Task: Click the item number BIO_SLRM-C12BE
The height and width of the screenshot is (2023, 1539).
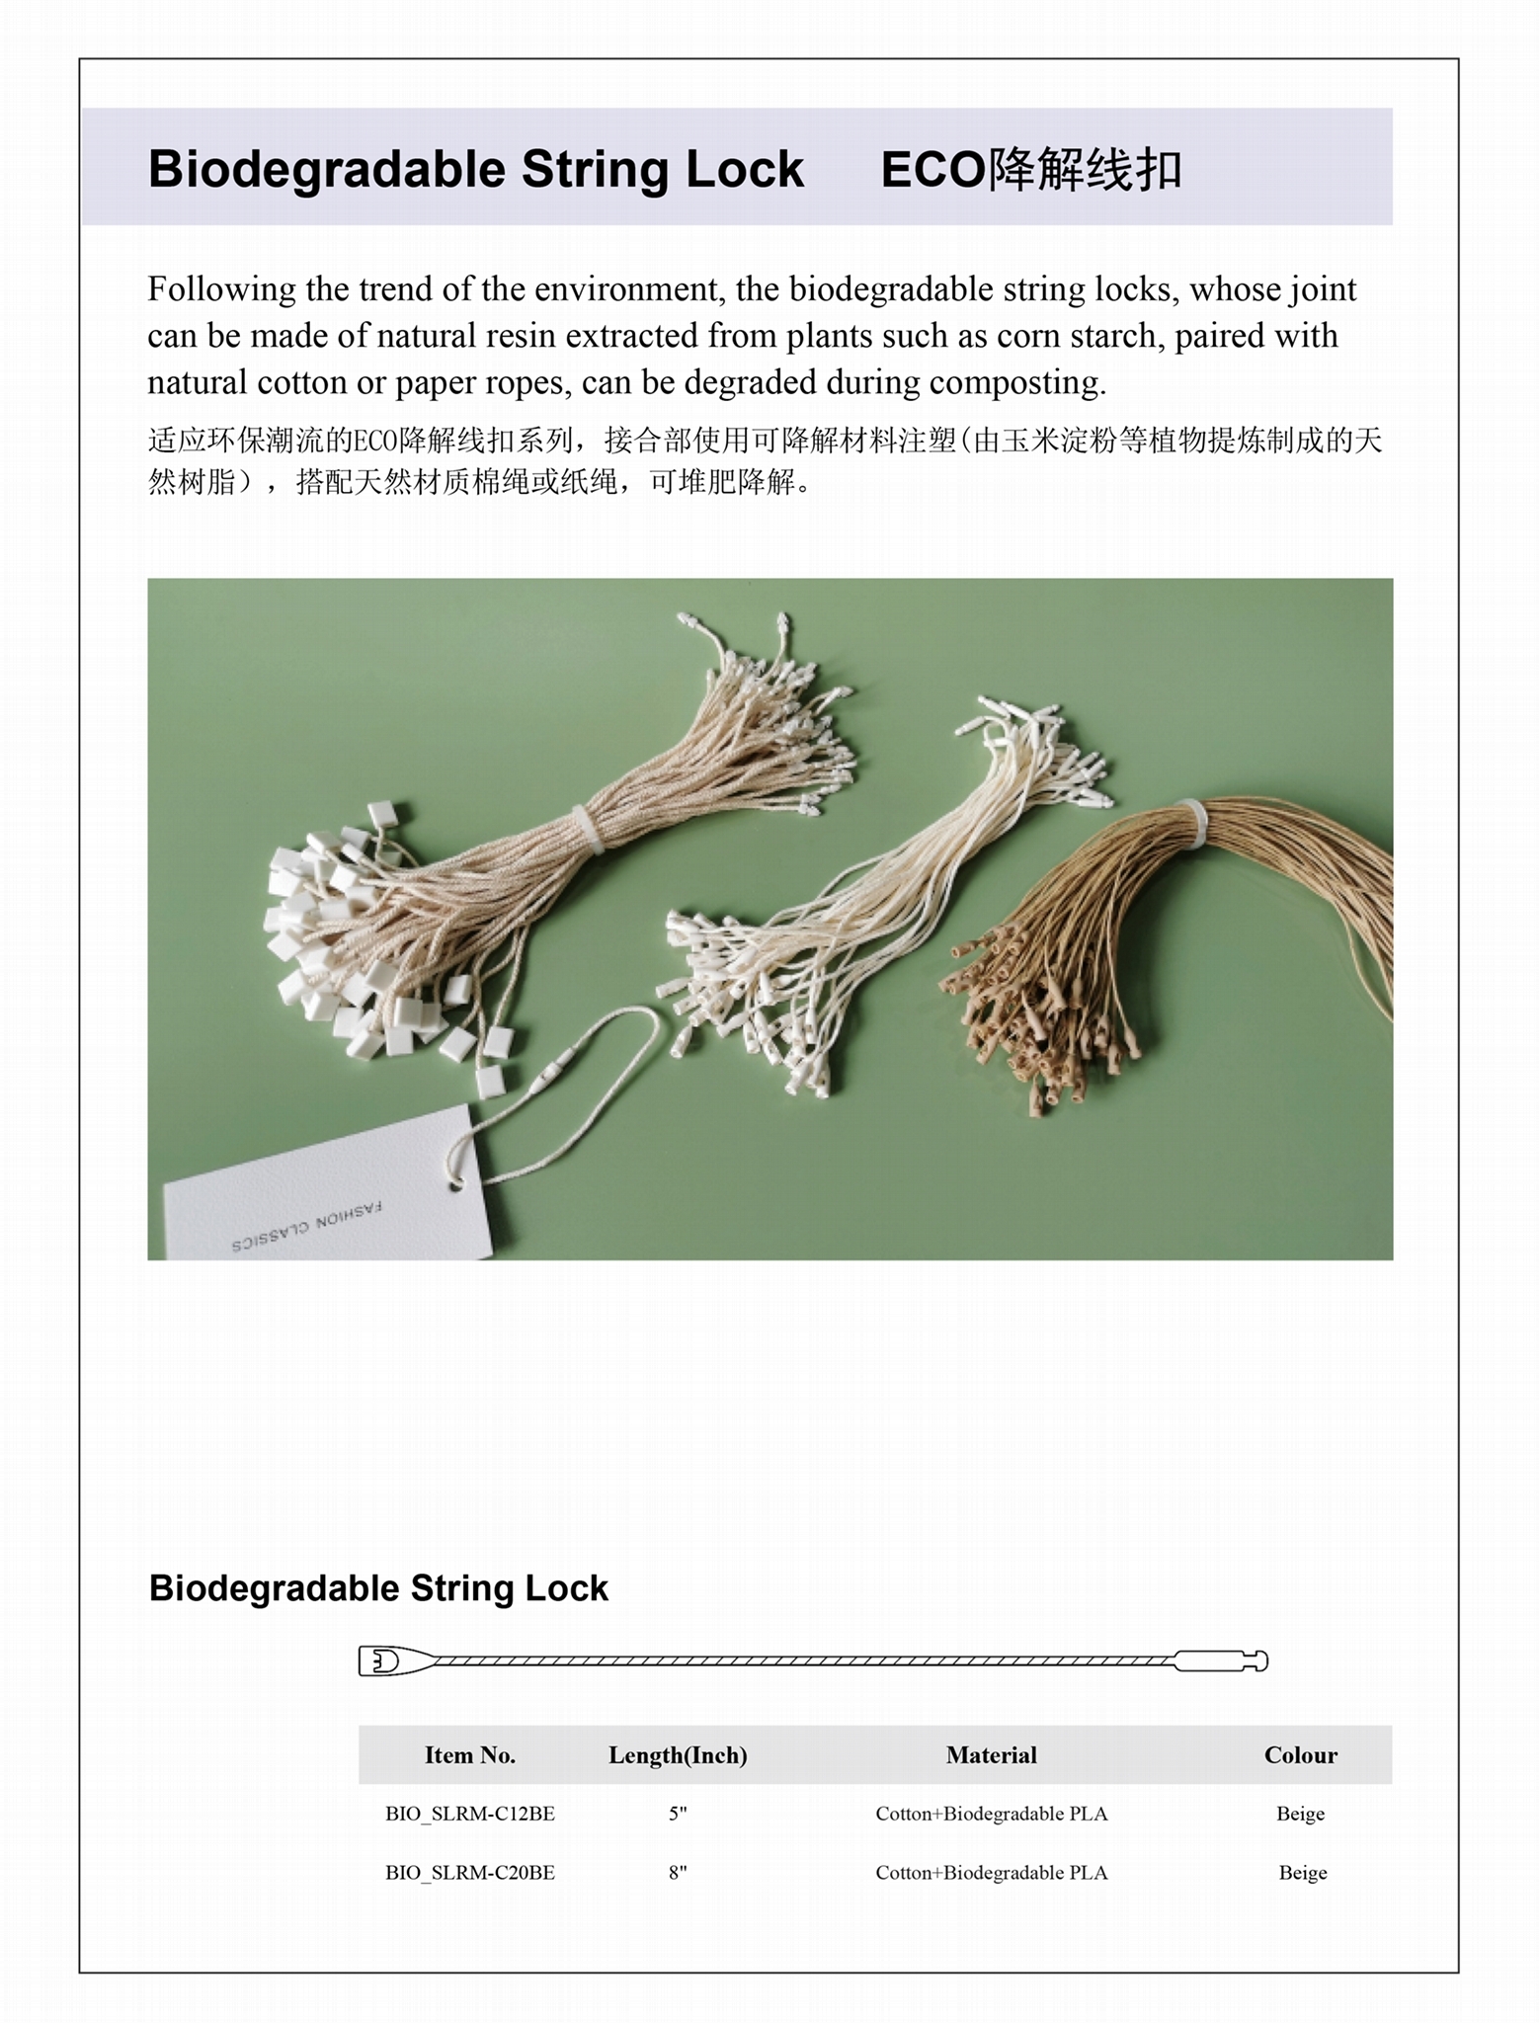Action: [x=469, y=1814]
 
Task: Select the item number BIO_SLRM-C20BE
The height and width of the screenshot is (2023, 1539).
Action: [x=469, y=1873]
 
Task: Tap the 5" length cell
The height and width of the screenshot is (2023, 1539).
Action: [x=678, y=1814]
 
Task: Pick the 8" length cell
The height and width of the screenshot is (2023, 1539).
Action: [x=678, y=1873]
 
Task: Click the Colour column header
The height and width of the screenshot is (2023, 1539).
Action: [x=1300, y=1755]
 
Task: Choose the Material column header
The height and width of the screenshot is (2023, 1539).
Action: [x=991, y=1755]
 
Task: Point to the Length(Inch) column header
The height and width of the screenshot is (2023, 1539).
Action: [x=678, y=1755]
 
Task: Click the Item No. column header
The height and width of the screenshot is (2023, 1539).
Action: [x=469, y=1755]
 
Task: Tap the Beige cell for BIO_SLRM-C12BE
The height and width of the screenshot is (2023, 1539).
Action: [x=1300, y=1814]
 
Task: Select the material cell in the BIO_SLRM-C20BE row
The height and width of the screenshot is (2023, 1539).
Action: [x=991, y=1873]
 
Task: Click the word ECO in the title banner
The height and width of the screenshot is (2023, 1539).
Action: [x=932, y=170]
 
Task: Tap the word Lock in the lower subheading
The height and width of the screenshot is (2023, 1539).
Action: [x=566, y=1588]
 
